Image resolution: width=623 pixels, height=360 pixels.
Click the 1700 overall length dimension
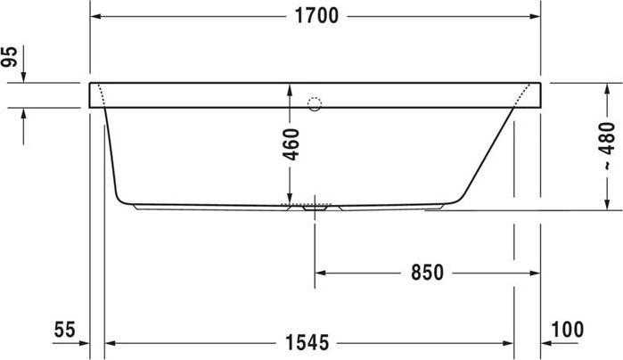316,17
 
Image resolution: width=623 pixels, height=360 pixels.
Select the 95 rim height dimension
10,59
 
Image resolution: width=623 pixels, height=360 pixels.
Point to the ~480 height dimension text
606,145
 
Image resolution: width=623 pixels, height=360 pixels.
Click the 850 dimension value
427,273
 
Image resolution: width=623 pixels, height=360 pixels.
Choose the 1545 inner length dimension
307,342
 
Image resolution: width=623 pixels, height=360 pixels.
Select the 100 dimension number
568,329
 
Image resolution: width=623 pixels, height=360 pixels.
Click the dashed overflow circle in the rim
314,104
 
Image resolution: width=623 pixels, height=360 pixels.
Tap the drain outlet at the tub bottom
314,209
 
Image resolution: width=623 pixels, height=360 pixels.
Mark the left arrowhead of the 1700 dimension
96,17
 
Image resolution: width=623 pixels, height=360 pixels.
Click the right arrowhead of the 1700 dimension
535,17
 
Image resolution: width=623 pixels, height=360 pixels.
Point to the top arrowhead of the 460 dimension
290,89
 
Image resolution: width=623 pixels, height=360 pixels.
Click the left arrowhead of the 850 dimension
321,273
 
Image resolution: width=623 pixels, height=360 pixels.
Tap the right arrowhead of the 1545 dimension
508,342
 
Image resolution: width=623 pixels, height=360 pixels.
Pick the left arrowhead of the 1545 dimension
111,342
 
